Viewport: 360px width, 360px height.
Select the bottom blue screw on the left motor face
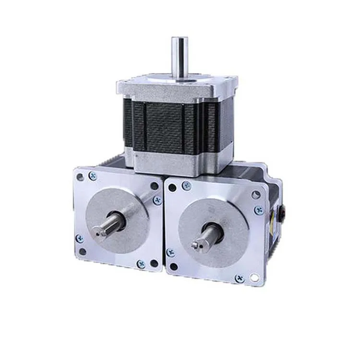[x=140, y=264]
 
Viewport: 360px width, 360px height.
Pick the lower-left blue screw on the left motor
[x=79, y=238]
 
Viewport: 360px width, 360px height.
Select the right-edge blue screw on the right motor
[x=259, y=210]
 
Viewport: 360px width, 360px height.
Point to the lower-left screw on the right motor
[x=170, y=252]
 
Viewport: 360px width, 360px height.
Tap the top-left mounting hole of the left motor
[x=80, y=177]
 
